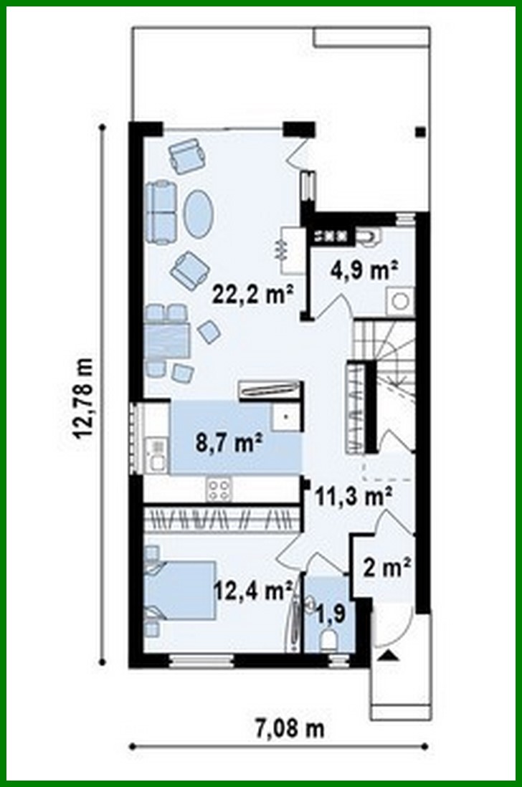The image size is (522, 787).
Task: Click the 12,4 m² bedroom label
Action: point(252,591)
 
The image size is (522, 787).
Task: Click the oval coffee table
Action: point(198,214)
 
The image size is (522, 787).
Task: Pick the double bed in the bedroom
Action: point(181,590)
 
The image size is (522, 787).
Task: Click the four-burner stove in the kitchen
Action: point(219,490)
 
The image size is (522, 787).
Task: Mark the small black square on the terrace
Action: point(420,132)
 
